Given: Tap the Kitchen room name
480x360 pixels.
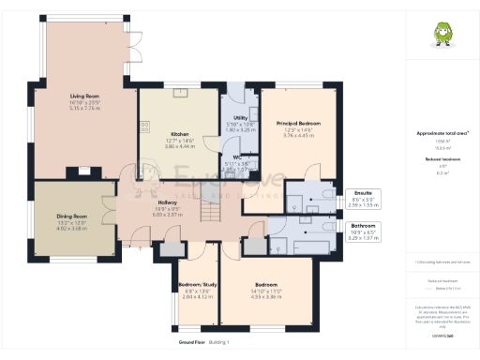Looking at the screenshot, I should [178, 134].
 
